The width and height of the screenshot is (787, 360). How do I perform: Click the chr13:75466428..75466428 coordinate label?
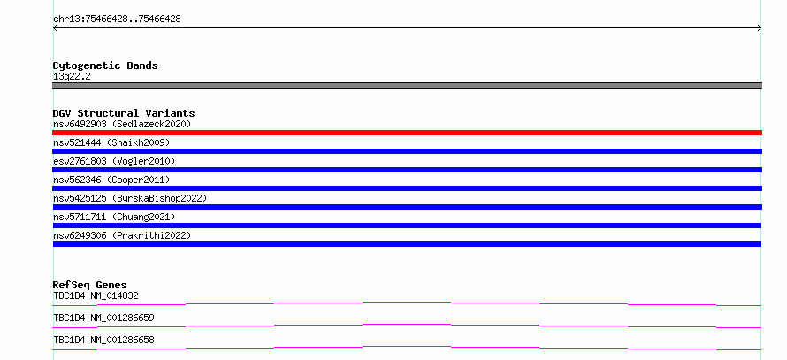coord(117,19)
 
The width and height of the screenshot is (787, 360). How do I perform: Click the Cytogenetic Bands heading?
coord(105,65)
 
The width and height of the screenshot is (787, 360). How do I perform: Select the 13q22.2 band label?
coord(72,77)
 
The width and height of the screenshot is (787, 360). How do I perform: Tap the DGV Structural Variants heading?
coord(124,113)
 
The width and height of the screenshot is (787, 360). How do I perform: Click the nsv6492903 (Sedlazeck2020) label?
coord(122,124)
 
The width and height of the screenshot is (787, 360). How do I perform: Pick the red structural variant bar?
coord(407,133)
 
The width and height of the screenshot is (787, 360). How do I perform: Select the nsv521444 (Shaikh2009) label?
coord(111,142)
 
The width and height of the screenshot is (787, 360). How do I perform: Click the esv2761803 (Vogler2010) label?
coord(114,161)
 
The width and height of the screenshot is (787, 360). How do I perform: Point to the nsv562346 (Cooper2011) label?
coord(111,180)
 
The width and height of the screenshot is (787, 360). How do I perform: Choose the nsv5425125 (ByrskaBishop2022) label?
coord(130,198)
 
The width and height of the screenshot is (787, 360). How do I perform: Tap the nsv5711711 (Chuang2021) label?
coord(114,217)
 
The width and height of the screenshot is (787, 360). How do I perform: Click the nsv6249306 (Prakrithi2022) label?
coord(122,235)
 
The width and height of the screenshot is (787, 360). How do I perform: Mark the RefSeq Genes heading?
coord(90,285)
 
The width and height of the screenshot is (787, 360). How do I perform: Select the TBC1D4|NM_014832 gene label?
coord(96,295)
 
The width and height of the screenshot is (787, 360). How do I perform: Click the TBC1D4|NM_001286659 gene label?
coord(103,318)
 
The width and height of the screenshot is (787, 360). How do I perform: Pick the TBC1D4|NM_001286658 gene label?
coord(103,340)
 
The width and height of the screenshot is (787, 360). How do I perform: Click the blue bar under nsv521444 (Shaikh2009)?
coord(407,151)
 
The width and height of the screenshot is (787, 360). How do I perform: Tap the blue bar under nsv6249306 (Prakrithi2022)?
coord(407,244)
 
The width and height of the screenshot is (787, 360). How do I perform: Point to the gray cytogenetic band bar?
coord(407,86)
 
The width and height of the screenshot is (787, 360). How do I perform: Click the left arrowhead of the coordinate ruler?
coord(54,28)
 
